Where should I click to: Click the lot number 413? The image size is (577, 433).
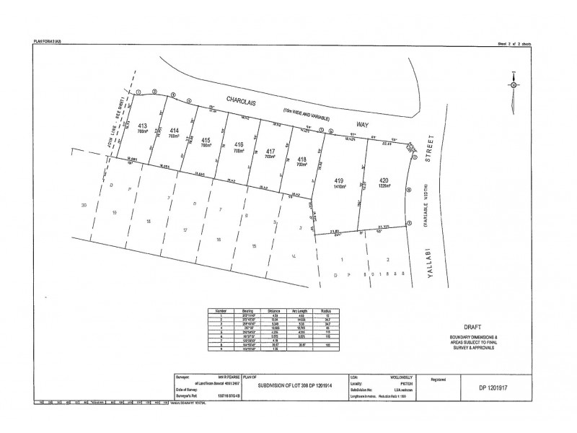pyautogui.click(x=142, y=125)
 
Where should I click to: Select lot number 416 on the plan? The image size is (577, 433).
pyautogui.click(x=239, y=144)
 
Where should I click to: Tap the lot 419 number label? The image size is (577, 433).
pyautogui.click(x=339, y=179)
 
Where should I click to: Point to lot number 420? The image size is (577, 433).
pyautogui.click(x=384, y=179)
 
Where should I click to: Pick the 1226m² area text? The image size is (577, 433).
pyautogui.click(x=384, y=186)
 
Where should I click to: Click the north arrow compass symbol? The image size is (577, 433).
pyautogui.click(x=513, y=84)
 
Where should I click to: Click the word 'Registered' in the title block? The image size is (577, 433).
pyautogui.click(x=440, y=377)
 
